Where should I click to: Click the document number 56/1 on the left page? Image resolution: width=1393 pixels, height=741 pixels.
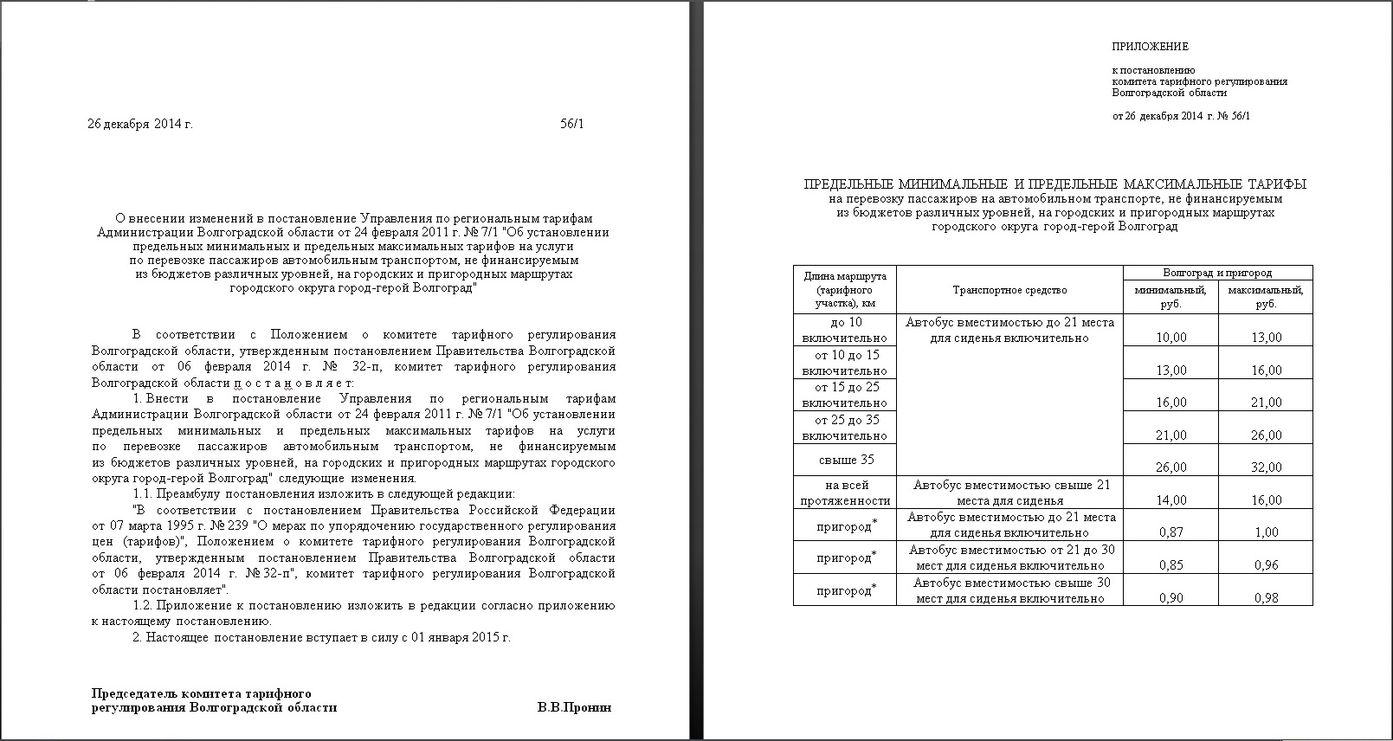(x=572, y=124)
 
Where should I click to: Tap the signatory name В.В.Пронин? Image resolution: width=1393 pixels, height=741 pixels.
(x=574, y=707)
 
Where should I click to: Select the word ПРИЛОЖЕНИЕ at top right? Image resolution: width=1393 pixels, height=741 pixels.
(x=1150, y=47)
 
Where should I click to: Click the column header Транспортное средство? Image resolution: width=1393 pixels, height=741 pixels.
(x=1009, y=290)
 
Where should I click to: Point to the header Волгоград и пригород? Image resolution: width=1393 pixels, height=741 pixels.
(x=1217, y=273)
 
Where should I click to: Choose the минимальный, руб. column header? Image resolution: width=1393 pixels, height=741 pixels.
(x=1171, y=297)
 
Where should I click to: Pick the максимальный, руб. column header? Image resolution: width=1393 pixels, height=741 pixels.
(x=1265, y=297)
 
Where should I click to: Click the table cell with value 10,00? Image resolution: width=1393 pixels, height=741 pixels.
(x=1171, y=338)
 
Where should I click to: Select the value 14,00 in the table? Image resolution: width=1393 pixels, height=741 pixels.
(x=1171, y=499)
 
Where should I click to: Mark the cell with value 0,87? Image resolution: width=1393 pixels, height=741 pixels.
(x=1171, y=532)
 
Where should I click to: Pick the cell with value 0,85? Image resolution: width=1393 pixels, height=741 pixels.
(x=1171, y=565)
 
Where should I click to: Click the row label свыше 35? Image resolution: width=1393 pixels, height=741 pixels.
(x=845, y=460)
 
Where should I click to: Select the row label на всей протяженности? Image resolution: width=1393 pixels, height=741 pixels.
(x=845, y=493)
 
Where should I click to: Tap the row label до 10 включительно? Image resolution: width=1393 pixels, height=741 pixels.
(x=845, y=330)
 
